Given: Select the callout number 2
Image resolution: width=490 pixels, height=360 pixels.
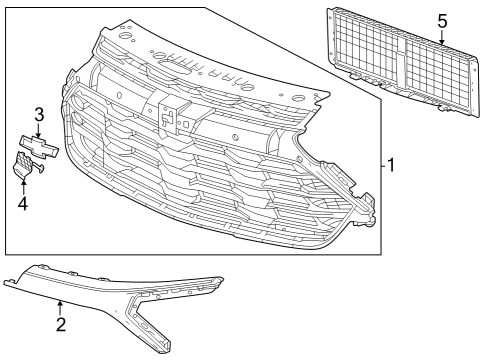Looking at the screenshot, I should pos(60,325).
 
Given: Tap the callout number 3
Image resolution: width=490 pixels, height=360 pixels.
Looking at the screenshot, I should pos(38,113).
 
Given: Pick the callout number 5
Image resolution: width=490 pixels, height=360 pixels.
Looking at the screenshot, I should pos(442,20).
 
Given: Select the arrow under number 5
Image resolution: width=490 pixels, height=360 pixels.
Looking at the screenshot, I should pos(442,38).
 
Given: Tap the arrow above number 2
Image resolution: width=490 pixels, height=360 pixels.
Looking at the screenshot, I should pos(60,308).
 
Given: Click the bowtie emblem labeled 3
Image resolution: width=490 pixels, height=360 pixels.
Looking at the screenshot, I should pos(38,144).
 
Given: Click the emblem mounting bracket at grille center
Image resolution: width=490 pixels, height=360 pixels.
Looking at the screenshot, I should pos(169,113).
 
